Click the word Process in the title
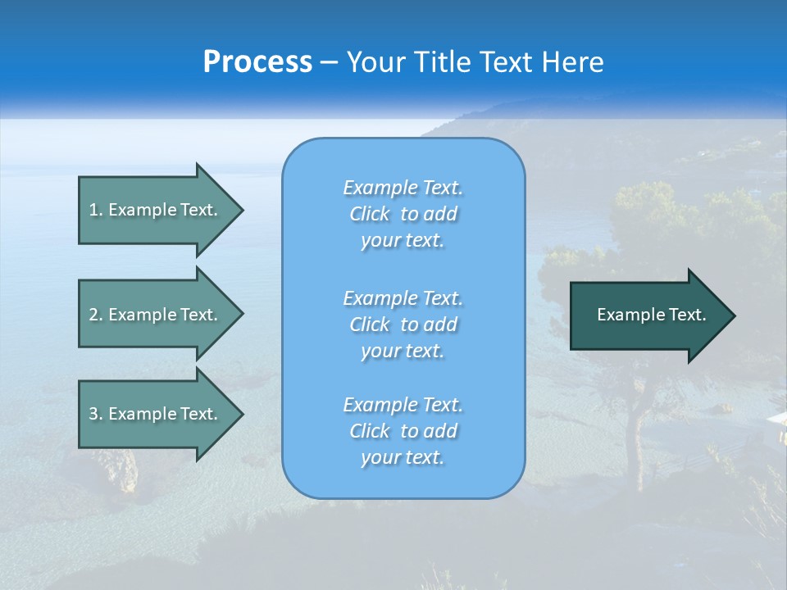(x=257, y=62)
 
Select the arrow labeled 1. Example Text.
(x=156, y=210)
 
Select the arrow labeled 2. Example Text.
(x=156, y=315)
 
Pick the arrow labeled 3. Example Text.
(x=156, y=414)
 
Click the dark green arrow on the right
(x=652, y=315)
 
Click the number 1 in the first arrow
(x=93, y=210)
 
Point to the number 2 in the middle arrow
(x=93, y=315)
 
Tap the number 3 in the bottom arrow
(x=93, y=414)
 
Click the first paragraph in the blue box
(x=403, y=214)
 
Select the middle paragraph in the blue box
(x=403, y=324)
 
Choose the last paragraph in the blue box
(x=403, y=431)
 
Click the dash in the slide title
(x=330, y=62)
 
